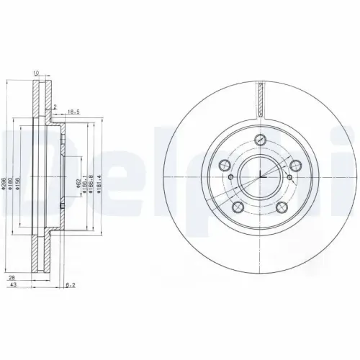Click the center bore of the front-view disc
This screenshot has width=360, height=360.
click(259, 173)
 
